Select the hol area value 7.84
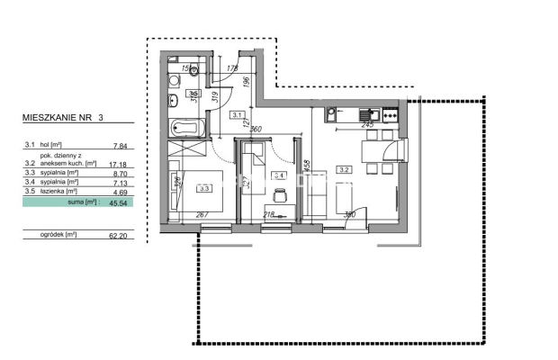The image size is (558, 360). tap(118, 144)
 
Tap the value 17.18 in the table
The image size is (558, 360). tap(116, 165)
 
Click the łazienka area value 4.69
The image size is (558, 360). tap(118, 190)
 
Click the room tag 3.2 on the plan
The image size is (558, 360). tap(344, 168)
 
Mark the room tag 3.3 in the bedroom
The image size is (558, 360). tap(204, 188)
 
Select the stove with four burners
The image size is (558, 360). tap(391, 114)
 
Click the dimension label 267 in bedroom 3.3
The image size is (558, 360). tap(204, 215)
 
